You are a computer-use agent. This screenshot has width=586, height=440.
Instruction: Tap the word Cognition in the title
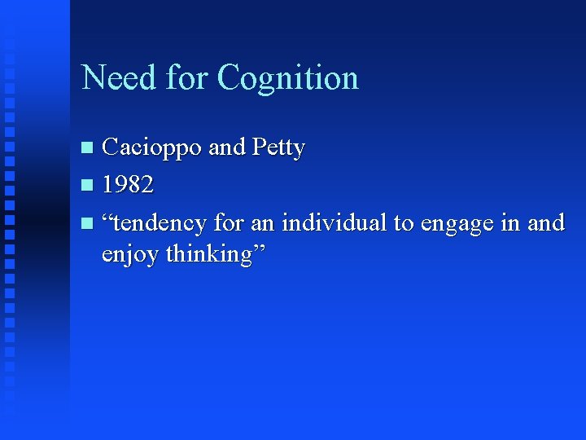[288, 78]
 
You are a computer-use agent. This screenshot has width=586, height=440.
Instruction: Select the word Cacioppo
[152, 148]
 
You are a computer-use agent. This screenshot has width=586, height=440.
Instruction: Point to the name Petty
[278, 148]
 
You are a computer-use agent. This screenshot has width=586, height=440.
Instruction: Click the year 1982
[128, 185]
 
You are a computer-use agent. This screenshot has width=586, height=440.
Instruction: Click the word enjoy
[130, 255]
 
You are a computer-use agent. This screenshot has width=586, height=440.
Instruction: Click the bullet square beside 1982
[89, 186]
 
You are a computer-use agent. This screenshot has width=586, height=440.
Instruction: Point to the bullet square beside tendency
[89, 222]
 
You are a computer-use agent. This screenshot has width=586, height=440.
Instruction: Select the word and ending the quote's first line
[545, 222]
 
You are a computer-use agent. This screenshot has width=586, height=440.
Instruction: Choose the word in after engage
[510, 222]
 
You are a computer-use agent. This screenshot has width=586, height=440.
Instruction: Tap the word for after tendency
[230, 222]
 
